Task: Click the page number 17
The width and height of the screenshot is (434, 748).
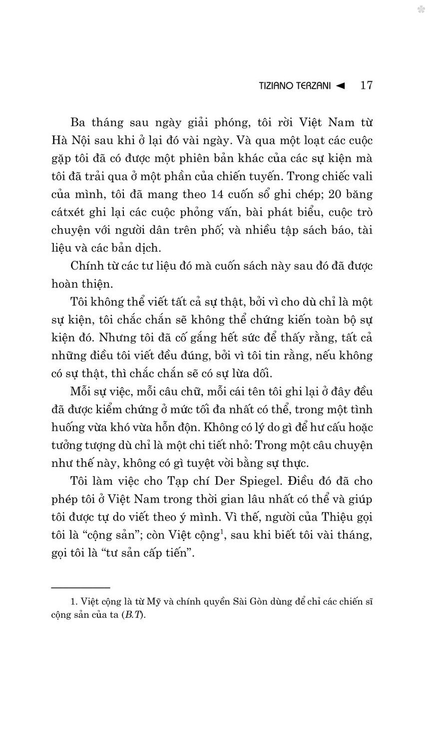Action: [x=366, y=85]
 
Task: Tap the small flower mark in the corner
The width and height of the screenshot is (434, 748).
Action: [x=421, y=9]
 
